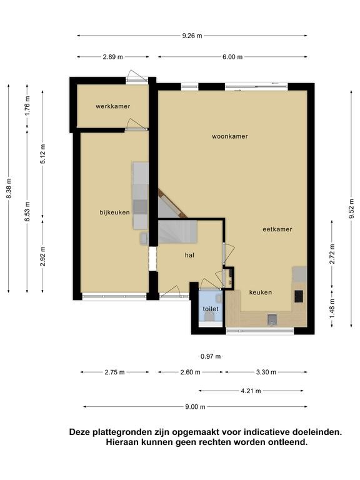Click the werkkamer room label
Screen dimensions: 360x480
pyautogui.click(x=112, y=106)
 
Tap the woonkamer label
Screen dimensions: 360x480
pyautogui.click(x=229, y=136)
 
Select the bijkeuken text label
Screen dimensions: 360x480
pyautogui.click(x=114, y=212)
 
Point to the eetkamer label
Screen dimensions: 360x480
pyautogui.click(x=277, y=229)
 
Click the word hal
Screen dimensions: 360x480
pyautogui.click(x=189, y=255)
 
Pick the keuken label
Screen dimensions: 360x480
pyautogui.click(x=260, y=292)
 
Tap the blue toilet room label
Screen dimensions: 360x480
pyautogui.click(x=211, y=309)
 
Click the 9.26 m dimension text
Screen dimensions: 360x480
pyautogui.click(x=192, y=36)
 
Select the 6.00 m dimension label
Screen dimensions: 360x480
pyautogui.click(x=232, y=57)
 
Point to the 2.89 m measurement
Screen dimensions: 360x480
pyautogui.click(x=113, y=57)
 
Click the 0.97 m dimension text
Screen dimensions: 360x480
pyautogui.click(x=211, y=356)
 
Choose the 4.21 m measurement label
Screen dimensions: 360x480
pyautogui.click(x=251, y=391)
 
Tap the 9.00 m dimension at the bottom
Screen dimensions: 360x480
pyautogui.click(x=195, y=407)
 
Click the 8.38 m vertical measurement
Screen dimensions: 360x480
pyautogui.click(x=9, y=188)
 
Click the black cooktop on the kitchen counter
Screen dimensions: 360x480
pyautogui.click(x=299, y=296)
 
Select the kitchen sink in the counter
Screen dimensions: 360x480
pyautogui.click(x=272, y=319)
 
